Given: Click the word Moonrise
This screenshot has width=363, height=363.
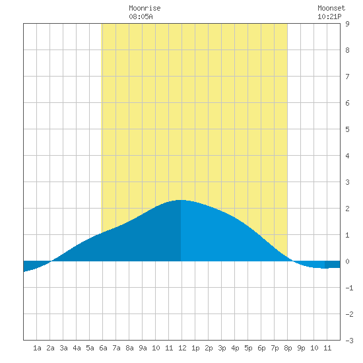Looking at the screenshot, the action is click(x=145, y=8).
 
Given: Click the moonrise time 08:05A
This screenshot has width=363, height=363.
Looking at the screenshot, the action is click(x=141, y=16).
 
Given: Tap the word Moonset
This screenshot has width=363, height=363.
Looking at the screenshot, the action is click(x=331, y=8).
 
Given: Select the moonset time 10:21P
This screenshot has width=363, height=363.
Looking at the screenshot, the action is click(x=329, y=16).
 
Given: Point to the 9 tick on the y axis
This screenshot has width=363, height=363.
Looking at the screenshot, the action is click(x=347, y=24).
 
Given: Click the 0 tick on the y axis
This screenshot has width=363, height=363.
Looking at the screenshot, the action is click(x=347, y=261).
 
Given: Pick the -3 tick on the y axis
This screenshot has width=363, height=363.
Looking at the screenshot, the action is click(x=349, y=341).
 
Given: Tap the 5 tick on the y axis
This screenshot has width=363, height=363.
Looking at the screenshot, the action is click(x=347, y=129).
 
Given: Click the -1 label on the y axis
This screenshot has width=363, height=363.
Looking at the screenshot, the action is click(x=349, y=288).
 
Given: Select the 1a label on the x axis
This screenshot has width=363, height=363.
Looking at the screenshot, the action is click(x=37, y=348).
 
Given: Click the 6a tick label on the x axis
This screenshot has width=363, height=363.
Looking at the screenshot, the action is click(x=103, y=348).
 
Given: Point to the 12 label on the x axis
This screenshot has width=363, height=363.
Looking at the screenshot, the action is click(x=182, y=348).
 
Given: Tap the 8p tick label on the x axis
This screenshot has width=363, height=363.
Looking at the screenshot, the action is click(x=288, y=348).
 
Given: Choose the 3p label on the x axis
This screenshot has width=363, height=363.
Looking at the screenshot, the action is click(x=222, y=348).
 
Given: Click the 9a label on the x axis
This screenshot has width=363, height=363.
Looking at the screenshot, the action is click(x=143, y=348).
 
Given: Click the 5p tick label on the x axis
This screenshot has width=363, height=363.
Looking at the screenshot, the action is click(x=248, y=348).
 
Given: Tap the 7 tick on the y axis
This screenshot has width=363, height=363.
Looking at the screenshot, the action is click(x=347, y=77).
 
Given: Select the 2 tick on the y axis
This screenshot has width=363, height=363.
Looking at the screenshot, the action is click(x=347, y=209).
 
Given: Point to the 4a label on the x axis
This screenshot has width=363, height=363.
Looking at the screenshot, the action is click(x=77, y=348).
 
